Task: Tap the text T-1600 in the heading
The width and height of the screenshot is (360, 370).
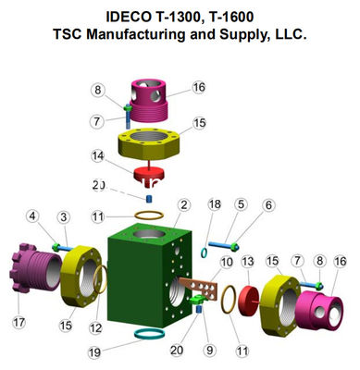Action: coord(246,16)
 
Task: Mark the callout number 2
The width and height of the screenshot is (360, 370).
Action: coord(185,204)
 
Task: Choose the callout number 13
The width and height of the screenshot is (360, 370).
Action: coord(247,264)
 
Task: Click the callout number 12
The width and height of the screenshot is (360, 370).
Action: coord(95,327)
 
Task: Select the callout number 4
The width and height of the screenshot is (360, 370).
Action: coord(32,216)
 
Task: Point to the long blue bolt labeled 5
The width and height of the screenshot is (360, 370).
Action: coord(219,245)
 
